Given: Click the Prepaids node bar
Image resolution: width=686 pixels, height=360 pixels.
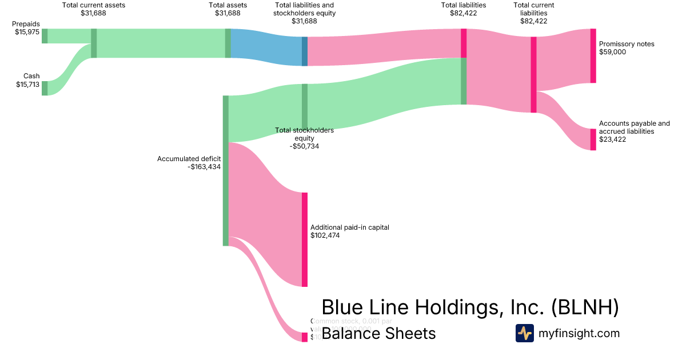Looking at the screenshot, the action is [x=45, y=36].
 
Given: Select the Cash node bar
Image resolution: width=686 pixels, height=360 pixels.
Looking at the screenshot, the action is [x=45, y=88].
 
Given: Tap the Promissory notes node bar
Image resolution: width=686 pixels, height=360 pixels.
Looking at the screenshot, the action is [x=593, y=55].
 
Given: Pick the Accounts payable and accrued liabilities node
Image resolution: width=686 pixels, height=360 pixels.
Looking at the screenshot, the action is [x=593, y=139].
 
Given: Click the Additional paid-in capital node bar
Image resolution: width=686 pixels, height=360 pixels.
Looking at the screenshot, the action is [x=305, y=239].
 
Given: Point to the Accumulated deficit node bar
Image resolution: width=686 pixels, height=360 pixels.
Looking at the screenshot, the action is [x=225, y=170].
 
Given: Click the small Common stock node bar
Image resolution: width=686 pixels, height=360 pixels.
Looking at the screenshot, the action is [x=305, y=337].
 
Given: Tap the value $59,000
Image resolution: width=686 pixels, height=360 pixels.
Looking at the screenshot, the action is [x=613, y=52].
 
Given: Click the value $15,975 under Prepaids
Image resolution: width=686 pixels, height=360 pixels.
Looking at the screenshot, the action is [x=27, y=33].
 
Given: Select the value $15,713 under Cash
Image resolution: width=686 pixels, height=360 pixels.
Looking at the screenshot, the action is [x=27, y=85].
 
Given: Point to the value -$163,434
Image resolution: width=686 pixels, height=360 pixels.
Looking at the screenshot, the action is [x=204, y=167].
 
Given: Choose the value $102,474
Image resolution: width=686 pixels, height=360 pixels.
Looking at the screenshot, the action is [x=325, y=235].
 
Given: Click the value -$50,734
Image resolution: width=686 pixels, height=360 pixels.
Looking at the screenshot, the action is [x=304, y=146].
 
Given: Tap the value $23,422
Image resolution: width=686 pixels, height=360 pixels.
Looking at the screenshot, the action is [x=613, y=139].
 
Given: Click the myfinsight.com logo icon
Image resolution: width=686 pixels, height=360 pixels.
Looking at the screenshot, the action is [x=524, y=333].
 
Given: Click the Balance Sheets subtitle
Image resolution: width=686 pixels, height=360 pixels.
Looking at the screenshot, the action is [x=378, y=333].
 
